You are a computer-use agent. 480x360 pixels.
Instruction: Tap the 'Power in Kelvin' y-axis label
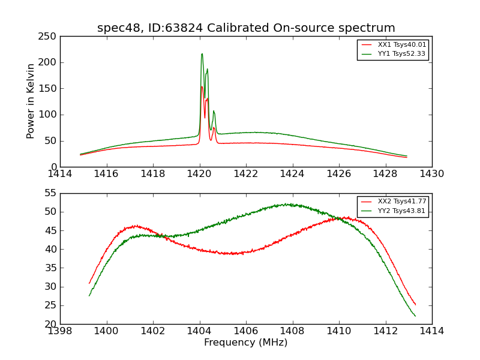coord(31,101)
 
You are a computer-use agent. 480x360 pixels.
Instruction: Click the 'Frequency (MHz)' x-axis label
coord(246,343)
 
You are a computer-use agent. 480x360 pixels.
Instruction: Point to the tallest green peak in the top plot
coord(202,54)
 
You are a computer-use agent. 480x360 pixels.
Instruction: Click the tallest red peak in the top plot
coord(202,86)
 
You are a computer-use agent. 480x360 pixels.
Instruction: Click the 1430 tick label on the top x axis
coord(431,173)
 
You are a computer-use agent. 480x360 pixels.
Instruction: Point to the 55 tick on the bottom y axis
coord(52,193)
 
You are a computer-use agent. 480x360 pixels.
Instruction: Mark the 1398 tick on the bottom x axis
coord(60,331)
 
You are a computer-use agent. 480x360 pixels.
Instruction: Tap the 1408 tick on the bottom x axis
coord(292,331)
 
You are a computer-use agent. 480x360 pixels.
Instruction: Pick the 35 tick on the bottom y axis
coord(52,268)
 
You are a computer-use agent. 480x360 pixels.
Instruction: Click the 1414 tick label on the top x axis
coord(60,173)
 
